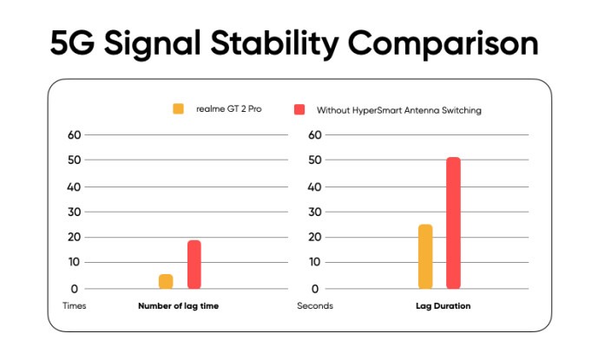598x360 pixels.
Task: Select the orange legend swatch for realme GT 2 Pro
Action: click(179, 109)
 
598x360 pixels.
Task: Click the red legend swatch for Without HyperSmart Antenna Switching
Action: click(299, 109)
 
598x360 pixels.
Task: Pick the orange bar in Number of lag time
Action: click(166, 281)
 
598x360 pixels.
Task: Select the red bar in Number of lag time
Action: click(194, 265)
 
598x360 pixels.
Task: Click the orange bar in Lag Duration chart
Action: click(425, 257)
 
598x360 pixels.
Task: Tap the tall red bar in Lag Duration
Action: click(453, 223)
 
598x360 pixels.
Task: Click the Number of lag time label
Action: click(178, 306)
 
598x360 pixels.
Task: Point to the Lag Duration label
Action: click(443, 306)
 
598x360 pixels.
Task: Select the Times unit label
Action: click(75, 306)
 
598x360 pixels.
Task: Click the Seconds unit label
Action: click(315, 306)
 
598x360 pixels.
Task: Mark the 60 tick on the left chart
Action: click(74, 135)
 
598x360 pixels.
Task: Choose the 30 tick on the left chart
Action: click(74, 212)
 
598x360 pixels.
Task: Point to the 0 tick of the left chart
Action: click(75, 289)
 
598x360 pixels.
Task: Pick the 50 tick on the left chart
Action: click(74, 160)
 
